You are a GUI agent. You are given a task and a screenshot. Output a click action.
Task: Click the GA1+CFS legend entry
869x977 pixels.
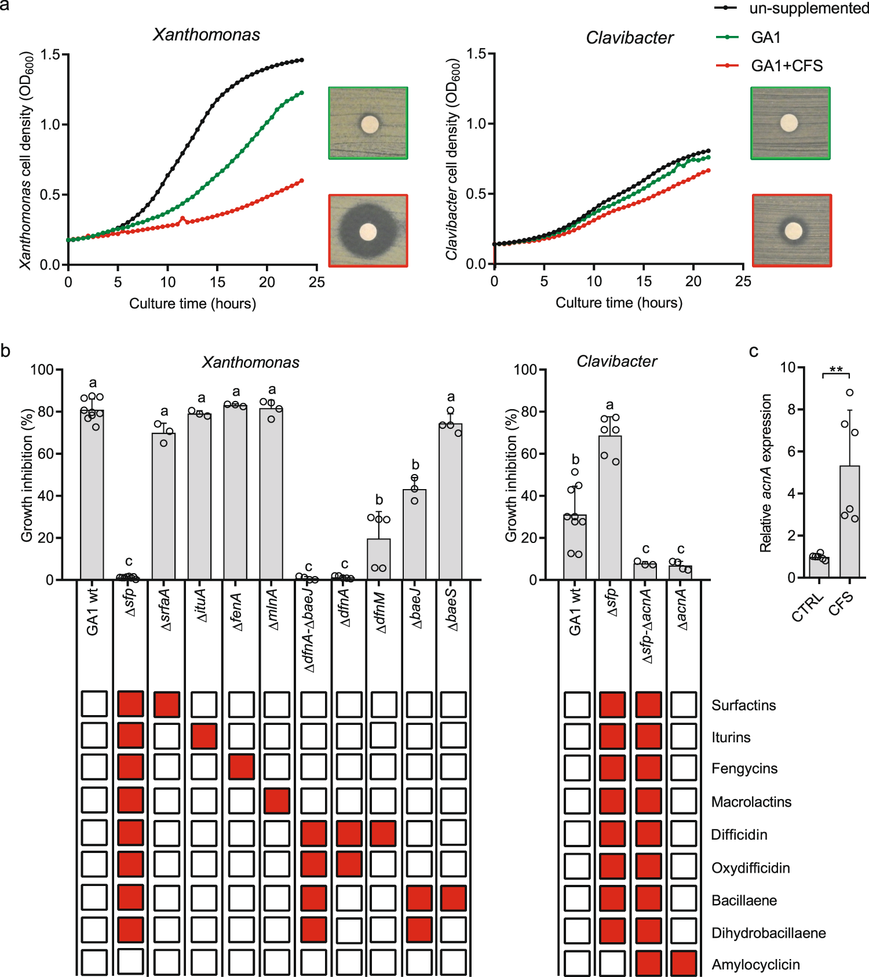click(786, 66)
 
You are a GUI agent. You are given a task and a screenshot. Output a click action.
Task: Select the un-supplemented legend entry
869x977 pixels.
click(808, 9)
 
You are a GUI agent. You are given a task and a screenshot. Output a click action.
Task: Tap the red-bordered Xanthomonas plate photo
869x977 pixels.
click(368, 231)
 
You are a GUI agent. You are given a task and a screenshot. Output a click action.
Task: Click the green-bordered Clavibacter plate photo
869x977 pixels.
click(790, 123)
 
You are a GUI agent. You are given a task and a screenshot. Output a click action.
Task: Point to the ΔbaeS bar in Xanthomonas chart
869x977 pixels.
click(451, 501)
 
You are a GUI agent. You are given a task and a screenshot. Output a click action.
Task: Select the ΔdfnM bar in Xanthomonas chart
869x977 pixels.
click(379, 559)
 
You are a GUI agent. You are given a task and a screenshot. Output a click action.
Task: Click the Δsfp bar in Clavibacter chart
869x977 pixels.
click(610, 507)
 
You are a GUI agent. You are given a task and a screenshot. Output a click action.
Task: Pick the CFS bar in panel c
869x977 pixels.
click(850, 522)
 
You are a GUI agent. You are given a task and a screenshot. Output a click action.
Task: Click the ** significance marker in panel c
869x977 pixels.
click(836, 370)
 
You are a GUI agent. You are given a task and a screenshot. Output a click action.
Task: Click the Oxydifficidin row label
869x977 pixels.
click(750, 868)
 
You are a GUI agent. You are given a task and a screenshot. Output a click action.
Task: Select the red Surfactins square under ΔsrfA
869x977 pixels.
click(167, 705)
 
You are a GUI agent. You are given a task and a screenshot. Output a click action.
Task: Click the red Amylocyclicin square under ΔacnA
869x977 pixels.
click(684, 963)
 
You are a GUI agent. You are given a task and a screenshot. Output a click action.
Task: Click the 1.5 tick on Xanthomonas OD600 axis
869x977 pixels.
click(50, 54)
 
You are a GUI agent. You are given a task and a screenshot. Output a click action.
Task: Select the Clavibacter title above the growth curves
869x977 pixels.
click(630, 38)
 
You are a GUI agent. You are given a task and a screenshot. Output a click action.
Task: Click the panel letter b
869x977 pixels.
click(5, 351)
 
